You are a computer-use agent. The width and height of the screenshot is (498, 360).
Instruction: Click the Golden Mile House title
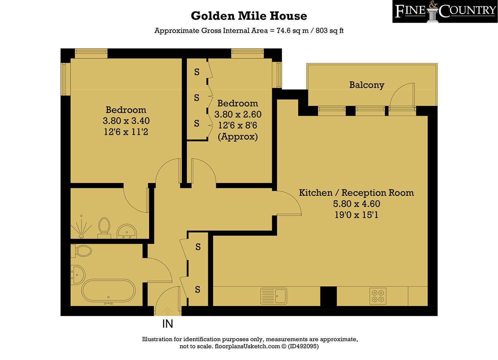click(x=249, y=16)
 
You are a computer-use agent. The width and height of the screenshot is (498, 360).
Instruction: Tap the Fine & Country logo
click(x=445, y=11)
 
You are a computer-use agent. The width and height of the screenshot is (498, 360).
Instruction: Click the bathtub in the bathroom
click(x=108, y=291)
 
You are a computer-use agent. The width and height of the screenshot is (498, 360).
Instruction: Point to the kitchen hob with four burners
click(x=378, y=296)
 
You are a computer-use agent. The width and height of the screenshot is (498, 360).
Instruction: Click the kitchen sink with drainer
click(x=274, y=296)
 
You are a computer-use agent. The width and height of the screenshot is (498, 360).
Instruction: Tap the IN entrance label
click(x=168, y=324)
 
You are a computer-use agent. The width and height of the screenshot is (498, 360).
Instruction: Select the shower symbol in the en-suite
click(x=81, y=227)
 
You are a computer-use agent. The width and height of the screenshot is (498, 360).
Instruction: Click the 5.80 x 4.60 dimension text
click(x=357, y=204)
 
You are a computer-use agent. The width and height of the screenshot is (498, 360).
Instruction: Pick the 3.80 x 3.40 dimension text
click(x=126, y=121)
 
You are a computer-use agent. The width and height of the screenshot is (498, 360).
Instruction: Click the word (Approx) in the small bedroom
click(x=238, y=137)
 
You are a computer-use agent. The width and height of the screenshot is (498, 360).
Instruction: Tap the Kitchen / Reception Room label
click(x=356, y=193)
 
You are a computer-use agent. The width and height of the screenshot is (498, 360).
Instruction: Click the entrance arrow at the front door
click(x=168, y=311)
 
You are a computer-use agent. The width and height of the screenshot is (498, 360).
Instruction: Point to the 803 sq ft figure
click(x=329, y=31)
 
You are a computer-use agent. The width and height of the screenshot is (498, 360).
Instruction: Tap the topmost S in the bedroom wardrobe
click(x=197, y=72)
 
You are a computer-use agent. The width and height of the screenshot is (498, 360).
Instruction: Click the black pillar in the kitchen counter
click(x=328, y=296)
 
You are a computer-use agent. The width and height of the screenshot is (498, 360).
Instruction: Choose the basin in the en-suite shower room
click(x=127, y=231)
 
